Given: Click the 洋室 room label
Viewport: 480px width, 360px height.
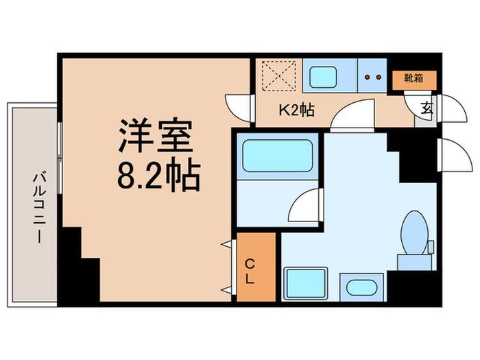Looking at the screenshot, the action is (156, 135).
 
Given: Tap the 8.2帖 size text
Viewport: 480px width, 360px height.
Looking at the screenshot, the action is (159, 174).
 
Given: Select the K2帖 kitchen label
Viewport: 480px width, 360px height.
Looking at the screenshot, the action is (297, 110).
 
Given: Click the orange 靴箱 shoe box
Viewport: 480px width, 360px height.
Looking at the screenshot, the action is (414, 80).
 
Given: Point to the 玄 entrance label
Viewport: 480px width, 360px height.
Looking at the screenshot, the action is (427, 108).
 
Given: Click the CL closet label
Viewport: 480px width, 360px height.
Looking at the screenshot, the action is (250, 272).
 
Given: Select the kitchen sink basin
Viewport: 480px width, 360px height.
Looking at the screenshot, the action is (323, 77).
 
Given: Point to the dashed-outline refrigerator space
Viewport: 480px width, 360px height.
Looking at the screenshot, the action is (279, 76).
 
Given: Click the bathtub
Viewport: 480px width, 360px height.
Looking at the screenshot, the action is (277, 156).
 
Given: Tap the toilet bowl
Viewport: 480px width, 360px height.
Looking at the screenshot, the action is (414, 232).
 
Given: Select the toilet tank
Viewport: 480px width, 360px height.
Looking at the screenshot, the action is (415, 263).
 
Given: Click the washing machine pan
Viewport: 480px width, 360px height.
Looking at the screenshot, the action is (305, 283).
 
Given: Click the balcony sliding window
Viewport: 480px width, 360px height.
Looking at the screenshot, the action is (60, 158).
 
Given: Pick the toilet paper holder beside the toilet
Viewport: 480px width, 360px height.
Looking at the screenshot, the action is (431, 247).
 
